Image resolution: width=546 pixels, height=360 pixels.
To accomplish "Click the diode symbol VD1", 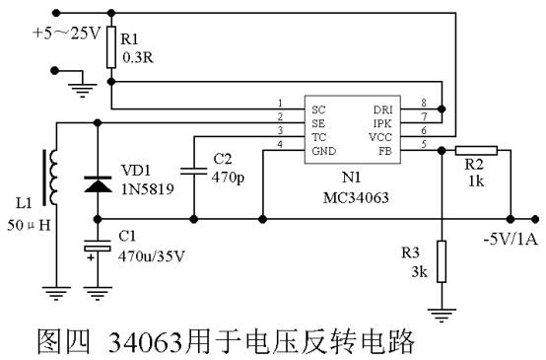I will coord(97,183).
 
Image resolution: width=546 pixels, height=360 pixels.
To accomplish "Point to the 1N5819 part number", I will coord(144,189).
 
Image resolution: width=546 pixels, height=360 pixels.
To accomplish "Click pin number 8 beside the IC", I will coord(424,102).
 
